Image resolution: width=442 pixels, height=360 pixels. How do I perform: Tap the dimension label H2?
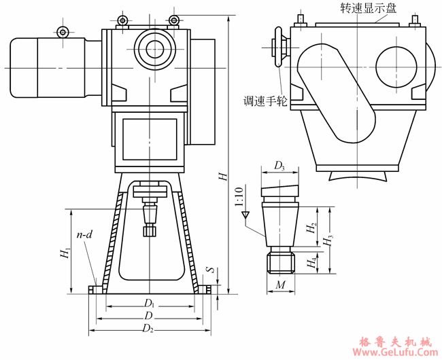coord(311,229)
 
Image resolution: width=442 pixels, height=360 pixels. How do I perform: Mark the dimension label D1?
coord(149,302)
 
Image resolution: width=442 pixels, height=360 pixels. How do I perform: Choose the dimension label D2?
coord(149,329)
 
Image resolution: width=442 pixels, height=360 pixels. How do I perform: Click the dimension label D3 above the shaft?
coord(279,165)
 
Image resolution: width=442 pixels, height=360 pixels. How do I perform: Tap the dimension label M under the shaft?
coord(280,285)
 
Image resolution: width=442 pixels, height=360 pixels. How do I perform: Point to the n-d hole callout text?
coord(84,234)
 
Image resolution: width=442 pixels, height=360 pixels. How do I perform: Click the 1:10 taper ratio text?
coord(238,197)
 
